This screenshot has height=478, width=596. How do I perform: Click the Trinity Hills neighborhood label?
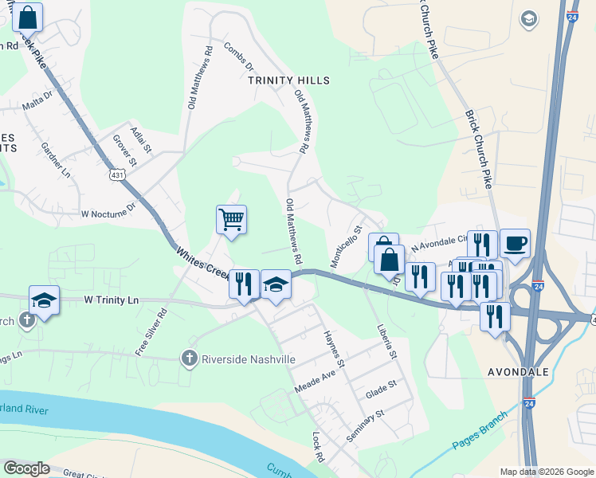pyautogui.click(x=288, y=80)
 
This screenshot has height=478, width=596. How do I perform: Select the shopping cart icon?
pyautogui.click(x=231, y=218)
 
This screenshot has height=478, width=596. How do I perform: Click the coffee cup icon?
pyautogui.click(x=515, y=242)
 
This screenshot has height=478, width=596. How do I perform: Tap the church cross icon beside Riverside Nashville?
pyautogui.click(x=190, y=358)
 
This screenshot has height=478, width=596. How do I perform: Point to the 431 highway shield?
pyautogui.click(x=117, y=174)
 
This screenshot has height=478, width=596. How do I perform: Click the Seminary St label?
pyautogui.click(x=366, y=426)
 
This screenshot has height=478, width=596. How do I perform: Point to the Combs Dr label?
pyautogui.click(x=237, y=56)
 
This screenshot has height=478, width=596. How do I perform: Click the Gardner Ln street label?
pyautogui.click(x=55, y=159)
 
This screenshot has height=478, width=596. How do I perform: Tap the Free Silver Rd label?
pyautogui.click(x=150, y=331)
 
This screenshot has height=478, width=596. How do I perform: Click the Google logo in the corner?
pyautogui.click(x=26, y=468)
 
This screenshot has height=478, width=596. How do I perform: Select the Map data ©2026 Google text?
pyautogui.click(x=546, y=472)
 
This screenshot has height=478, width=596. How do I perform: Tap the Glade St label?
pyautogui.click(x=381, y=389)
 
